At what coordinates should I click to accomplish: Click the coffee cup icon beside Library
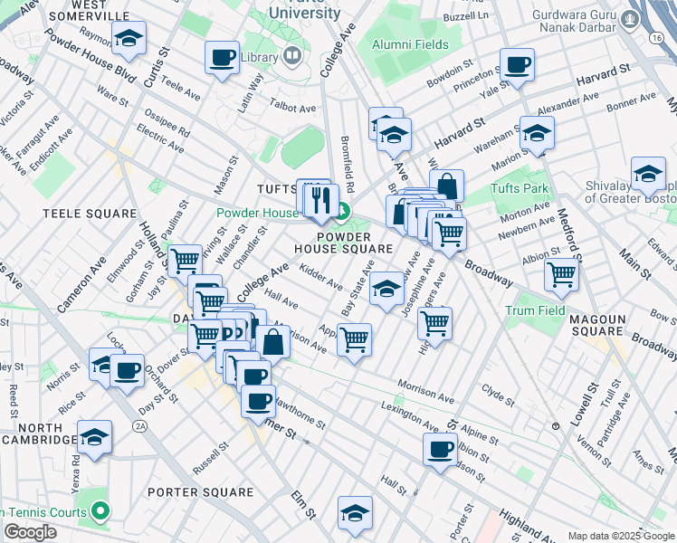[222, 59]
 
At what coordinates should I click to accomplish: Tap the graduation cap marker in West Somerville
[129, 39]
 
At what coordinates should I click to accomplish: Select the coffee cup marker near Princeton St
[517, 65]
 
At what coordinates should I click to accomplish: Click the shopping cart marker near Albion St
[561, 272]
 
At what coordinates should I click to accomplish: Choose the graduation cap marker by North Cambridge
[94, 438]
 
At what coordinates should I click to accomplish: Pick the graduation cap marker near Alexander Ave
[537, 133]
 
